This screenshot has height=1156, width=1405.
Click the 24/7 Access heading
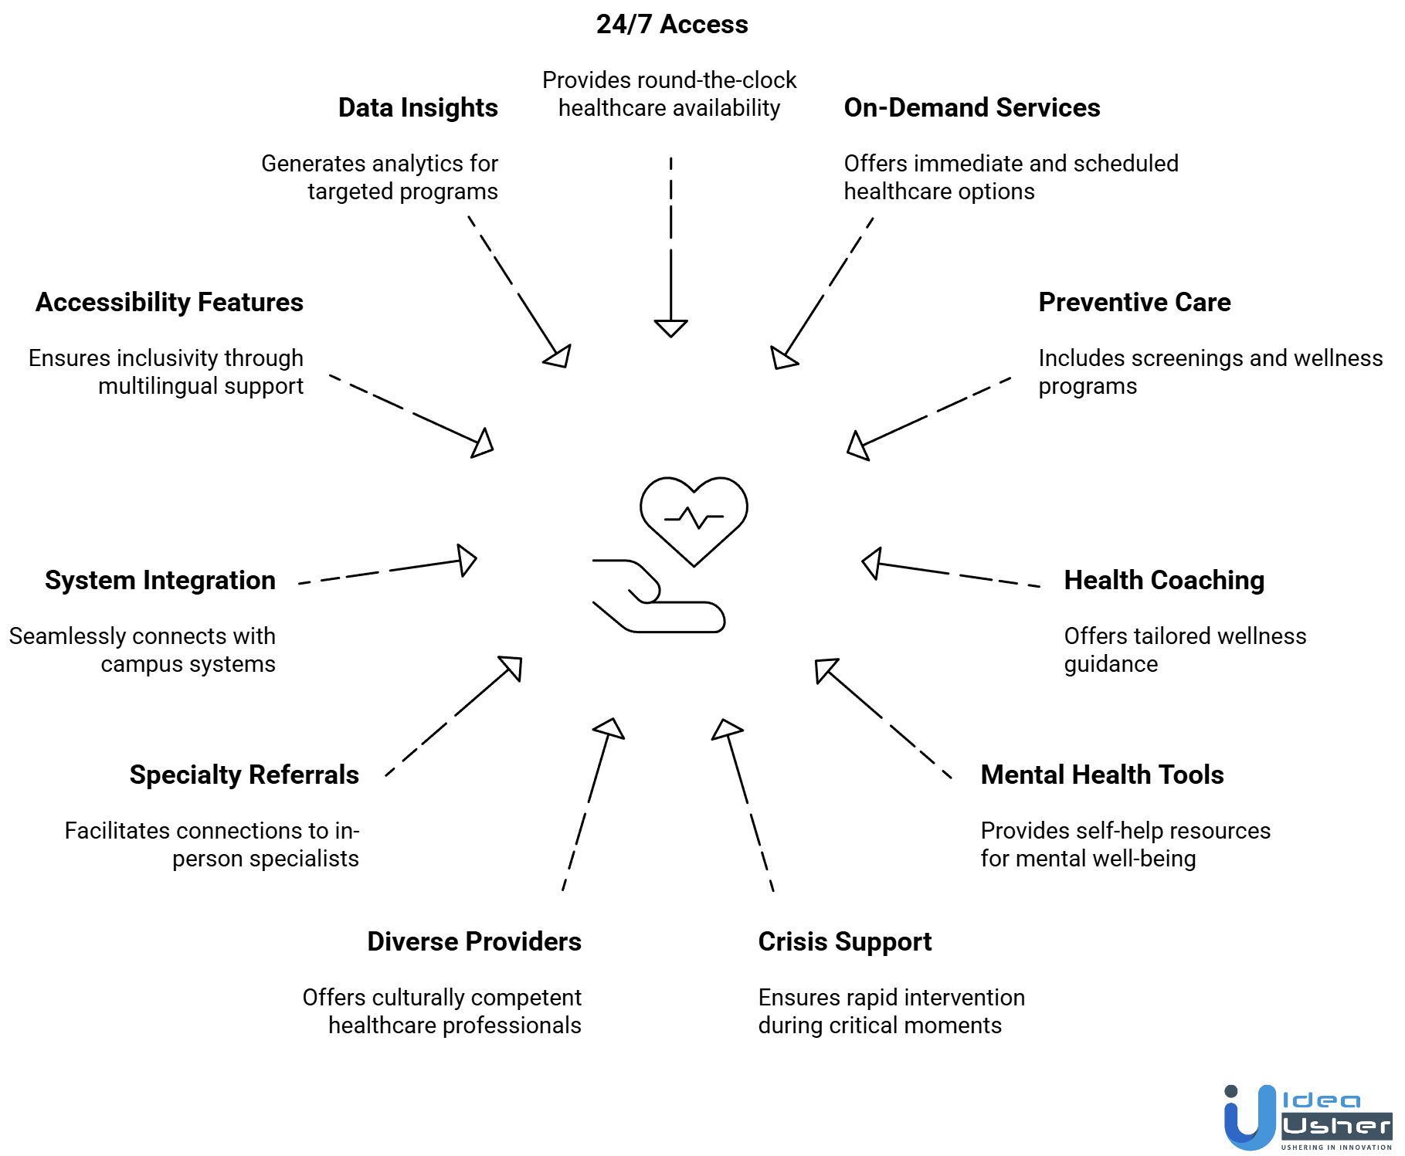(672, 25)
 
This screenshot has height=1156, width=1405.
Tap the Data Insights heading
(418, 108)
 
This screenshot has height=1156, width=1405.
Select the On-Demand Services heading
(972, 108)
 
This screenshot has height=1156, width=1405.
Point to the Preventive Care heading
(1134, 303)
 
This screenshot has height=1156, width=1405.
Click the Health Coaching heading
(1164, 581)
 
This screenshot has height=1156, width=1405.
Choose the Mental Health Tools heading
(1102, 775)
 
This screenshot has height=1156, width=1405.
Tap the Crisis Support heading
(845, 942)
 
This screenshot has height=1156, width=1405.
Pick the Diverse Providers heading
(474, 942)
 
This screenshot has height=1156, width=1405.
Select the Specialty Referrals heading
(244, 775)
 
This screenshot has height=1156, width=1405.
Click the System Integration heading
(160, 581)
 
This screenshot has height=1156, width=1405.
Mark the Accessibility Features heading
(169, 303)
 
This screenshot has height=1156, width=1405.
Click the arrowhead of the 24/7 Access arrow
(670, 328)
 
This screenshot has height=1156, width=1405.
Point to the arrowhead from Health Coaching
(873, 564)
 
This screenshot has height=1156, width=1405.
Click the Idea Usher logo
(1308, 1117)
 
